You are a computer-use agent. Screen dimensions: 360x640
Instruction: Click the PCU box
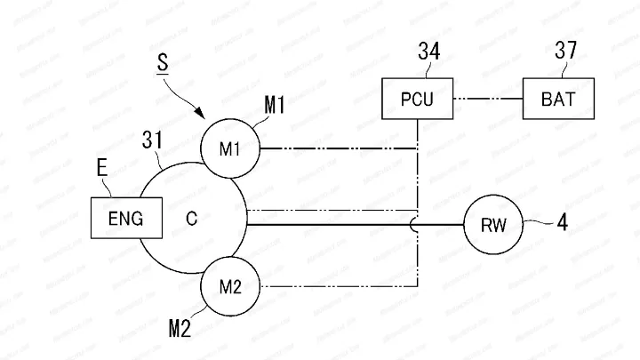coord(417,98)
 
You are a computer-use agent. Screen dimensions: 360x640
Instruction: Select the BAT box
coord(557,98)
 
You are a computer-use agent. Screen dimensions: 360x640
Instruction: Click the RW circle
coord(494,225)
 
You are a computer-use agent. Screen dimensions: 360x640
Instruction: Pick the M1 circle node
coord(230,148)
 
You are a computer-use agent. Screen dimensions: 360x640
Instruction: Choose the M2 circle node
coord(230,286)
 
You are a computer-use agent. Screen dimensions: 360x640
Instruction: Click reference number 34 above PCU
coord(429,52)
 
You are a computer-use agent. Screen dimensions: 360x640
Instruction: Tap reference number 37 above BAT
coord(565,52)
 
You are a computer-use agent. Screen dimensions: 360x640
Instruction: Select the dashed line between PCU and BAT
coord(488,98)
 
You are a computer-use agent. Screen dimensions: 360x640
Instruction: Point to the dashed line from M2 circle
coord(338,286)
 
